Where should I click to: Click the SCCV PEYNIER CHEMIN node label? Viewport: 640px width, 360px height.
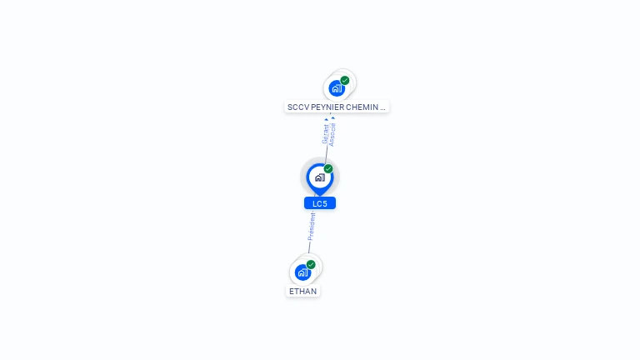pos(337,107)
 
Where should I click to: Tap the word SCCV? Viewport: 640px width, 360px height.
pos(297,107)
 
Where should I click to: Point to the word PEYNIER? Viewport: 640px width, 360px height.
pos(327,107)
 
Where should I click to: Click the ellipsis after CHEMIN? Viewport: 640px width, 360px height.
pos(383,107)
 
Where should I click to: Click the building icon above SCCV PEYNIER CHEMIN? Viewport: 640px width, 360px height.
pos(336,88)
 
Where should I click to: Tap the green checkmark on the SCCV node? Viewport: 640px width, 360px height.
pos(345,81)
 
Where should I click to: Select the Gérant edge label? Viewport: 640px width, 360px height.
pos(326,134)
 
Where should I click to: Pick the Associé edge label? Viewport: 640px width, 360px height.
pos(332,135)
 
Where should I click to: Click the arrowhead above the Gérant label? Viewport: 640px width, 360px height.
pos(327,119)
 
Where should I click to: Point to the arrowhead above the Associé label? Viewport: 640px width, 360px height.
pos(333,118)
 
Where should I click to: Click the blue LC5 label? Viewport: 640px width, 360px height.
pos(320,203)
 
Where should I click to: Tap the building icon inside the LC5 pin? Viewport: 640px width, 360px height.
pos(319,177)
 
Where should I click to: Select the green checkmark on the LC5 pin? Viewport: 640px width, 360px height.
pos(328,169)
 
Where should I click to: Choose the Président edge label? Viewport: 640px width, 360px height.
pos(312,226)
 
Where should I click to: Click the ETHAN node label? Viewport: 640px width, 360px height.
pos(303,292)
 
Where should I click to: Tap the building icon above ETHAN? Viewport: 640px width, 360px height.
pos(302,272)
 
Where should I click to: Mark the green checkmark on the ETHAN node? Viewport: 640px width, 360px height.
pos(311,265)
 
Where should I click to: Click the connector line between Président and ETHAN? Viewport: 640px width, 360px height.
pos(308,247)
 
